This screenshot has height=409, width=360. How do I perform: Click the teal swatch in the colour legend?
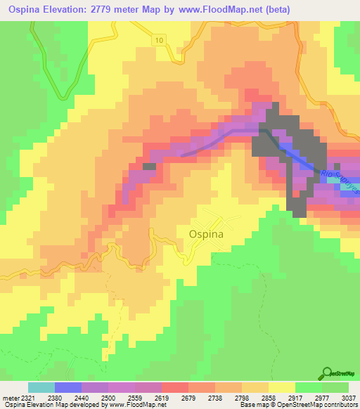41,387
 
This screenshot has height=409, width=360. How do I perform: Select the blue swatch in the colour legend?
68,387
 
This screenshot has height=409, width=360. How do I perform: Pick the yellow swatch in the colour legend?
281,387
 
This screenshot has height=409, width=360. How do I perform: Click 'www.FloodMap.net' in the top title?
198,9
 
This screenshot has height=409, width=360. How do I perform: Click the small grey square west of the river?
149,167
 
